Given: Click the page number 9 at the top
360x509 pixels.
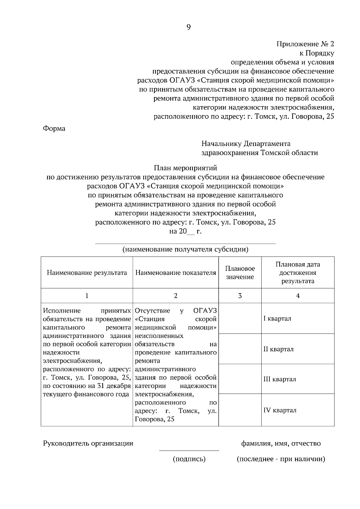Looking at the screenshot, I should coord(188,27).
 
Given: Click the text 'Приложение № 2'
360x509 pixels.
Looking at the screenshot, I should coord(305,44).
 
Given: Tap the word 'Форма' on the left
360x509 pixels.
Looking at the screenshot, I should coord(54,129).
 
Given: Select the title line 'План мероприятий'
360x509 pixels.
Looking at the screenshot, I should coord(185,168).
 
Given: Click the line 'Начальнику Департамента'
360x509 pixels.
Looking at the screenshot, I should coord(246,144).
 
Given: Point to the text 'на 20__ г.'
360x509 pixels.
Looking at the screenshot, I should coord(185,231).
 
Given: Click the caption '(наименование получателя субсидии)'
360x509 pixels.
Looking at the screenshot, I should coord(185,249).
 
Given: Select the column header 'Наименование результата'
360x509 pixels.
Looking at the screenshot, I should coord(87,273).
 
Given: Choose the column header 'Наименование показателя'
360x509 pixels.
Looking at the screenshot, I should coord(175,273).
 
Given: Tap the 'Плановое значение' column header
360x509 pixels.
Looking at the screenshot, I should coord(240,273).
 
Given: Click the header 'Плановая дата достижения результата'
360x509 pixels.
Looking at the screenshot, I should coord(298,273).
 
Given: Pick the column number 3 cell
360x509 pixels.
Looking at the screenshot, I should coord(240,296).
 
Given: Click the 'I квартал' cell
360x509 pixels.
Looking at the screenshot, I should coord(277,318).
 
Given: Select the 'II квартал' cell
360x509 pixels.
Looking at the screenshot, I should coord(278,349).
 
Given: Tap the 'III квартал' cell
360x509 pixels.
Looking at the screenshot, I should coord(280,379).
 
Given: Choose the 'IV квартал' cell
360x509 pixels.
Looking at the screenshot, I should coord(280,410).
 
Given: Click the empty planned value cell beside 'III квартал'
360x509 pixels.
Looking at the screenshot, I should coord(240,379).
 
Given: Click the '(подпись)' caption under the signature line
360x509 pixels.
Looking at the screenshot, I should coord(189,459).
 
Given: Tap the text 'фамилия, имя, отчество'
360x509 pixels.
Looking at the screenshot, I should coord(281,443).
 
